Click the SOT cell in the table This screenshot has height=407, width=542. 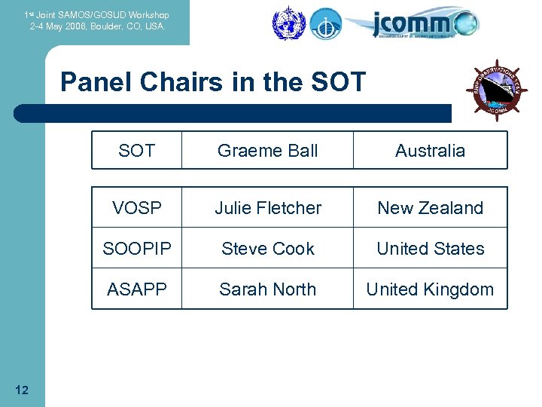point(136,151)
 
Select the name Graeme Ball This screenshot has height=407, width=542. point(267,151)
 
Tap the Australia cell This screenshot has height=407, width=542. point(430,151)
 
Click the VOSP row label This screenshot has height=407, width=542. point(136,208)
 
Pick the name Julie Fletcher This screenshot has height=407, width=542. point(267,208)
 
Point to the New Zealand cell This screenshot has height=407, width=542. point(430,208)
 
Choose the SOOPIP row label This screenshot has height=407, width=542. point(136,249)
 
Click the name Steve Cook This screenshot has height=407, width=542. point(267,249)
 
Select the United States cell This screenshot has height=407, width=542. point(430,249)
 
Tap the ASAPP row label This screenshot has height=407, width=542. point(136,289)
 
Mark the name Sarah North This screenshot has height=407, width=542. point(267,289)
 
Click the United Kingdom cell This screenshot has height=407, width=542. point(430,289)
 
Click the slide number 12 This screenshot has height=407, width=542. point(22,390)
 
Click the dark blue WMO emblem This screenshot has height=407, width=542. point(286,22)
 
